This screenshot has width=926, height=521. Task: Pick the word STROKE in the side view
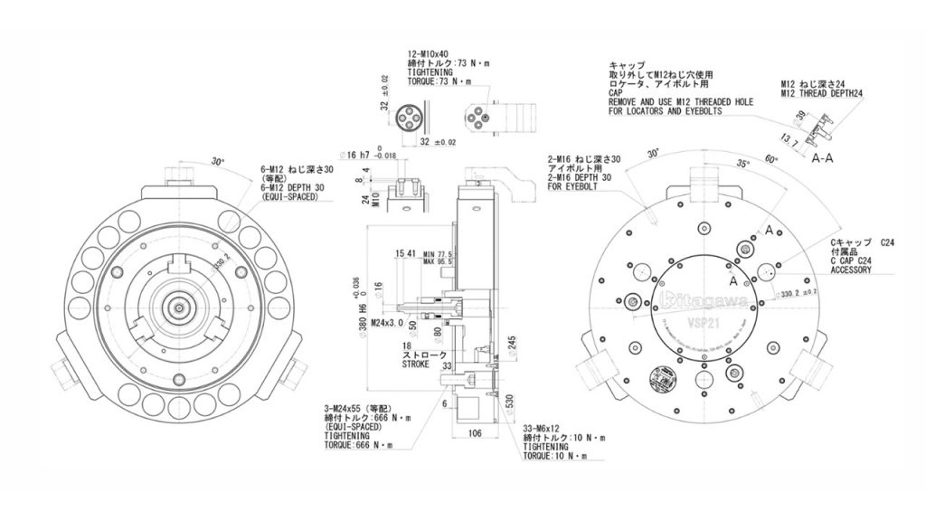click(x=417, y=365)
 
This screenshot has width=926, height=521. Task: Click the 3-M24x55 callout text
click(x=358, y=409)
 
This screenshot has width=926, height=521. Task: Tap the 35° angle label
click(x=743, y=166)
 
